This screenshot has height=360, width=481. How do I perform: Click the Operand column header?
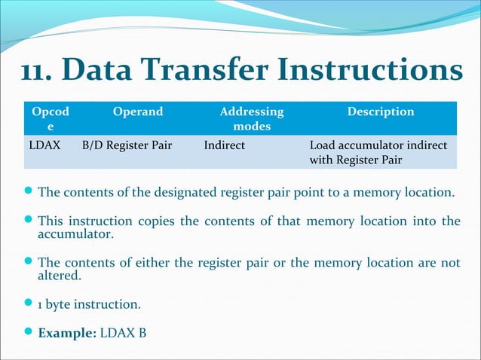click(x=137, y=111)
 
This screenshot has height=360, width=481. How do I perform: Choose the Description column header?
click(x=381, y=111)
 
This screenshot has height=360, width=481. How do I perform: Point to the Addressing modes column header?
click(x=252, y=119)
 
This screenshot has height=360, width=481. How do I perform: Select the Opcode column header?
click(x=51, y=119)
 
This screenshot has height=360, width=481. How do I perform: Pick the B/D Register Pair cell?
click(x=127, y=145)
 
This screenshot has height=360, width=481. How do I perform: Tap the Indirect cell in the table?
click(x=224, y=145)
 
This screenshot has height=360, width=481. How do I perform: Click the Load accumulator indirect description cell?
click(x=378, y=152)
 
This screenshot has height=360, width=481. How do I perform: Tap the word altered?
click(x=60, y=276)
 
